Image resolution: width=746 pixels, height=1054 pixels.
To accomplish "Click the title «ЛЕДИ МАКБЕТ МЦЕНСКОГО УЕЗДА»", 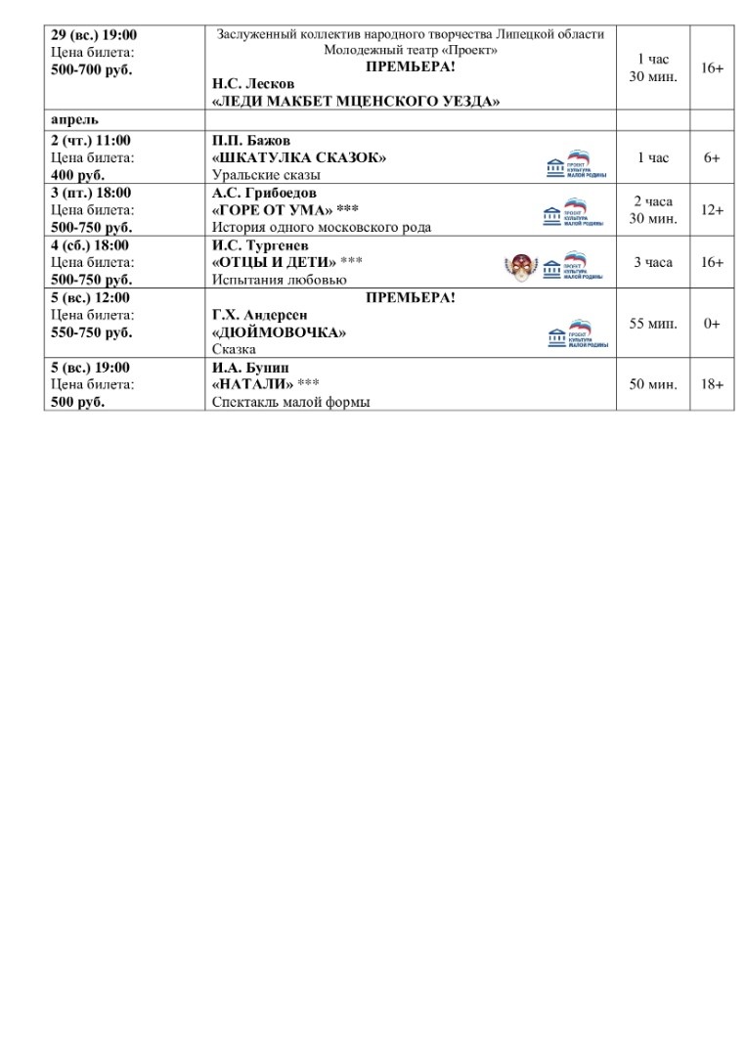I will (x=356, y=102).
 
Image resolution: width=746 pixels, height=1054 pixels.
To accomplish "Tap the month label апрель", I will (x=74, y=120).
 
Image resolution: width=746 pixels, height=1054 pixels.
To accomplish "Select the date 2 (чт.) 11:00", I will (x=90, y=140).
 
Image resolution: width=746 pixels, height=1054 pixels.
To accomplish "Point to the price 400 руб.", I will (x=77, y=175).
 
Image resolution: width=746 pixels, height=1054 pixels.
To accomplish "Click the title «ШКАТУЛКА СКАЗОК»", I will (x=299, y=157).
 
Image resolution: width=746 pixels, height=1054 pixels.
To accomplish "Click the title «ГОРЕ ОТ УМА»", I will (x=273, y=210).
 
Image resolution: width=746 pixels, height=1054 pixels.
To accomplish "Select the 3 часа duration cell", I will (x=652, y=263).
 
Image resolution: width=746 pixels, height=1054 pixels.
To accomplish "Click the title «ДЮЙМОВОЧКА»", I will (x=280, y=332).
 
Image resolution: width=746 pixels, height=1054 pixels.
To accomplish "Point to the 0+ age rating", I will (x=712, y=324).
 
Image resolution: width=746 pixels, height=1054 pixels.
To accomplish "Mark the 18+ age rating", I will (x=712, y=385).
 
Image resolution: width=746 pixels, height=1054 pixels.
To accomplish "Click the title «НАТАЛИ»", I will (x=252, y=384).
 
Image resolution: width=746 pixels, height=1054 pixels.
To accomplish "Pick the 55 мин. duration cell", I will (x=652, y=324).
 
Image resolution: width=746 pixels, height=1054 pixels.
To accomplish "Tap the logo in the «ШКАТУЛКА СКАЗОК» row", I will (x=576, y=164).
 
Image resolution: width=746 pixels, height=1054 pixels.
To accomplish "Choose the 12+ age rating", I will (x=712, y=210).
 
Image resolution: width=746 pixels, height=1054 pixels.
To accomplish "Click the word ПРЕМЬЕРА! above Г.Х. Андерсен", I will (x=410, y=297).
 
